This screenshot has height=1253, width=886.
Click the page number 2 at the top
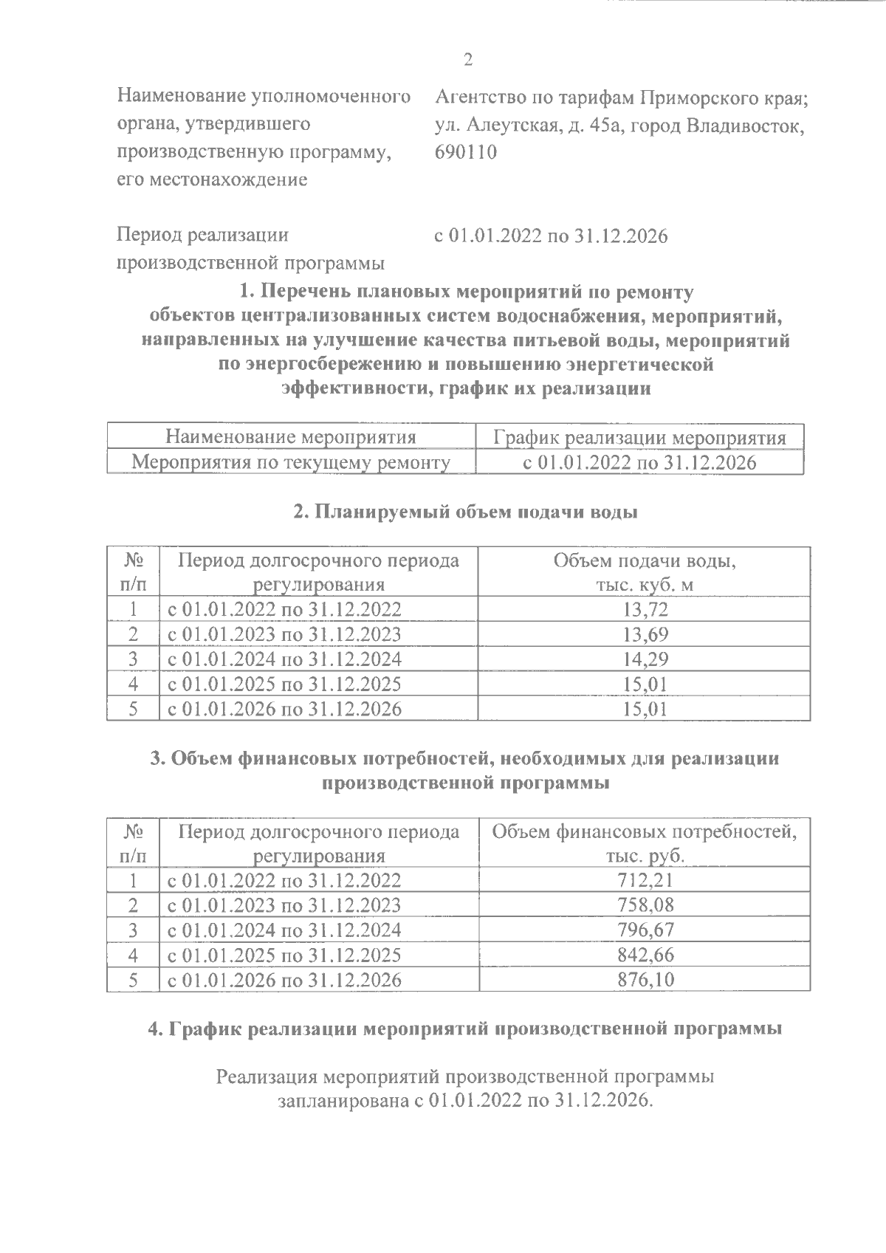[467, 60]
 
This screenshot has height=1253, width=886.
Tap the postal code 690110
[467, 152]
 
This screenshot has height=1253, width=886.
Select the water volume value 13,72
[645, 610]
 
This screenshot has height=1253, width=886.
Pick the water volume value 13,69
[645, 634]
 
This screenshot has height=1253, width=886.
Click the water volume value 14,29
[645, 659]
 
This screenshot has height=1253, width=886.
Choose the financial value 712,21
[645, 880]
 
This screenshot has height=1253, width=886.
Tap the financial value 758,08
[645, 904]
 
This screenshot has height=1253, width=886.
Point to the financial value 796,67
[645, 930]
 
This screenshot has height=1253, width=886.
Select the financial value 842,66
[645, 955]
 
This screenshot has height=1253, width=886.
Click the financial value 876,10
[645, 980]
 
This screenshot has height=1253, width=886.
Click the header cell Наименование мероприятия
[291, 437]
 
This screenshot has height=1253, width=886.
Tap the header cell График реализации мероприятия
[639, 438]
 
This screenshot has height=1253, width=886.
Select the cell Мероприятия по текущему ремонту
[291, 462]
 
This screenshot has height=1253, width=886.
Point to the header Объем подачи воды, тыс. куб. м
[645, 572]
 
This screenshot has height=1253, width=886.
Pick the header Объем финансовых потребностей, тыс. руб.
[645, 843]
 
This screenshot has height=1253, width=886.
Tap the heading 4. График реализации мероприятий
[465, 1029]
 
